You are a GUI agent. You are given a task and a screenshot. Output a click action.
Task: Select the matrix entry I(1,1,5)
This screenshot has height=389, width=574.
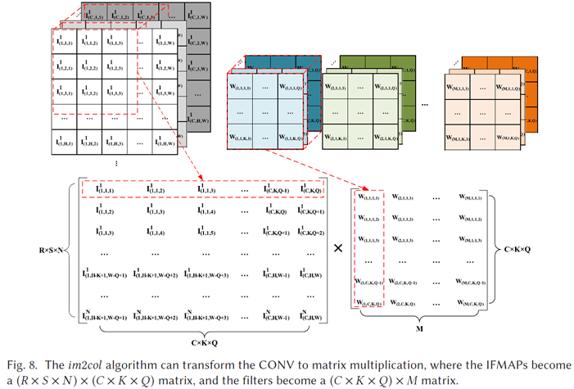[204, 233]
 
